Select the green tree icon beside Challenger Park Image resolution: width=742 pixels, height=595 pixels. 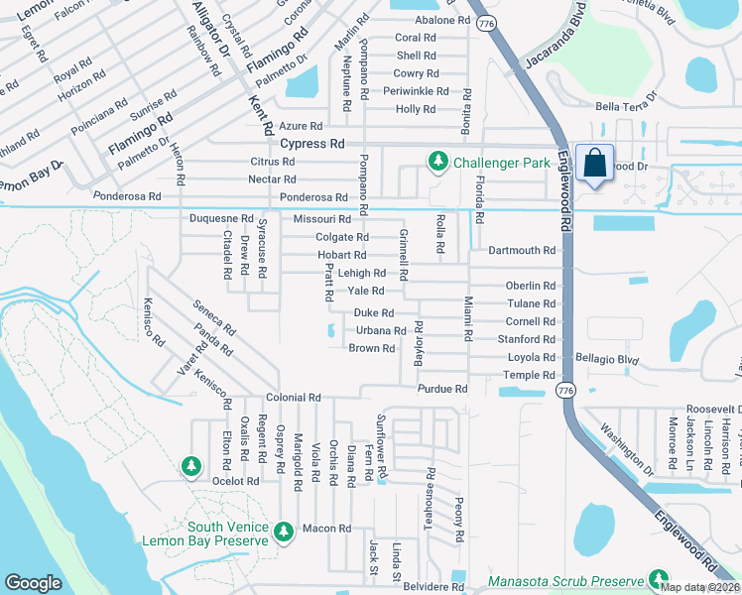[x=435, y=161]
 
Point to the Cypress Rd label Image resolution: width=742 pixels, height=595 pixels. [x=311, y=144]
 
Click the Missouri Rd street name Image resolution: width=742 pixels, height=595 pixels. [x=322, y=219]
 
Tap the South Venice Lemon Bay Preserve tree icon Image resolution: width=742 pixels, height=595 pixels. [x=285, y=532]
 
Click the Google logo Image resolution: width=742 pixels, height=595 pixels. [x=33, y=583]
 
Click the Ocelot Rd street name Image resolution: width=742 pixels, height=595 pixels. [x=236, y=481]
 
